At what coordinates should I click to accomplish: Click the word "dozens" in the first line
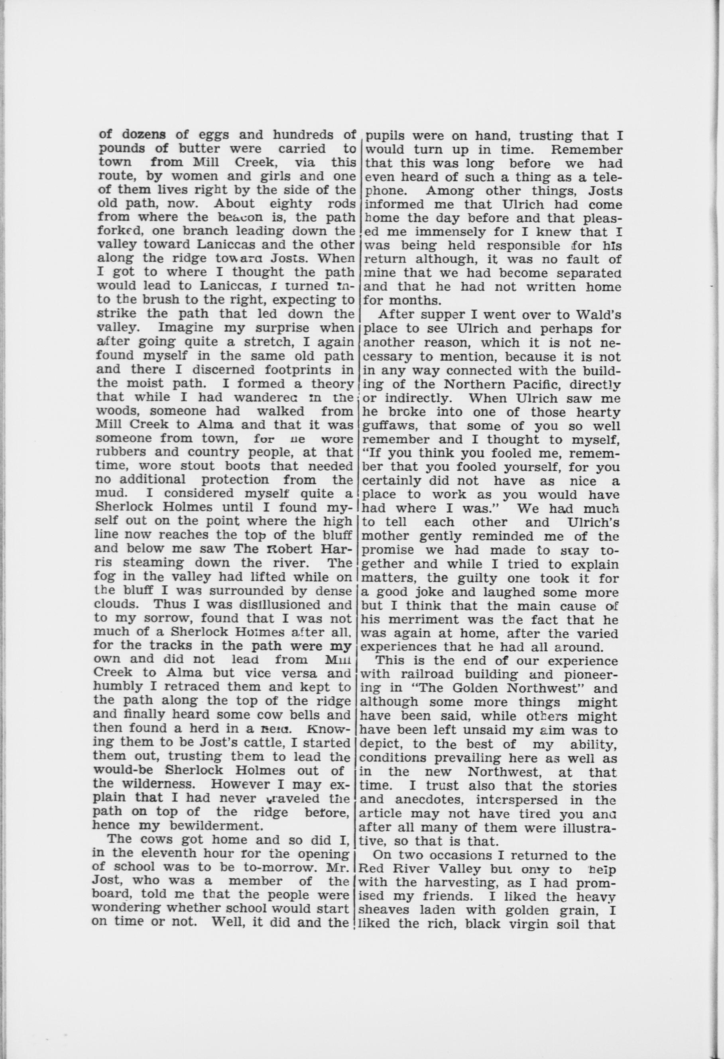click(144, 135)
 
